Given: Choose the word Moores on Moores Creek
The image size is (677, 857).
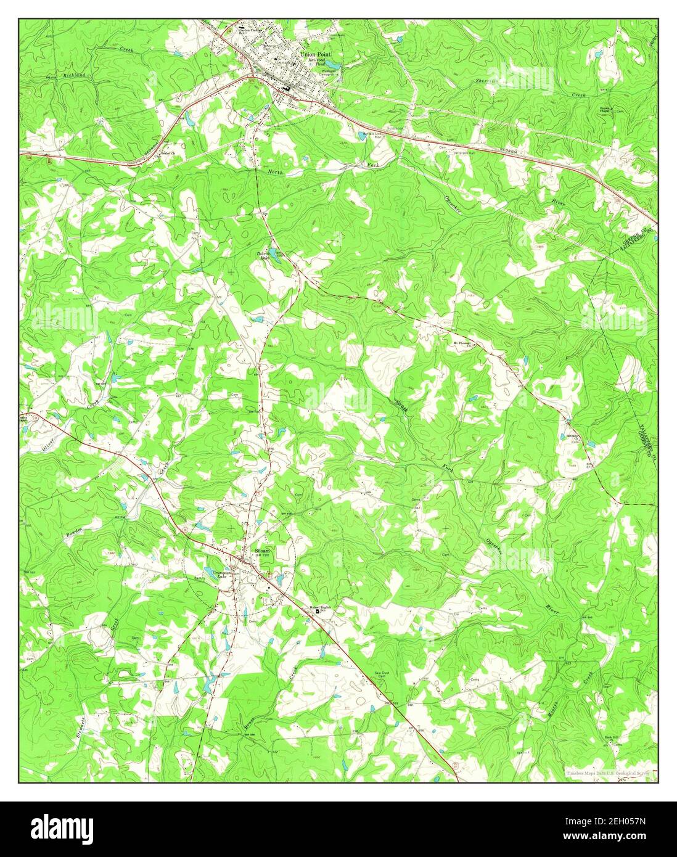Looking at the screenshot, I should (554, 710).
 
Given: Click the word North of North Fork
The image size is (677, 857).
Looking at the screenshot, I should (276, 172).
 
